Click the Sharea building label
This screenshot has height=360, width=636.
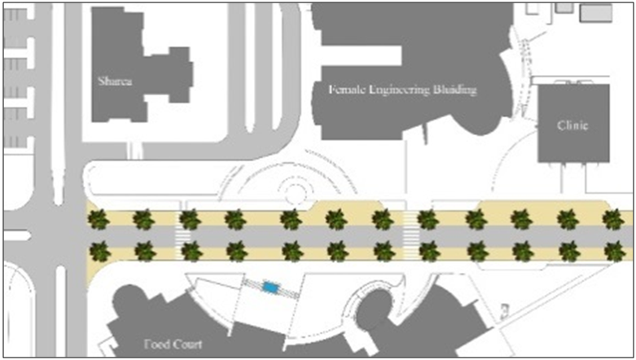(x=114, y=81)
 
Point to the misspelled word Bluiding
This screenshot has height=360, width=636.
(x=454, y=89)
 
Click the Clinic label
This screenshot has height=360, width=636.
(x=572, y=125)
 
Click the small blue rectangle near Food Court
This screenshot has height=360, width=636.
(x=271, y=287)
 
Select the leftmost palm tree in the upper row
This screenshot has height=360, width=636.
(x=99, y=218)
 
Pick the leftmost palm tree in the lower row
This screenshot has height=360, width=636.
(x=99, y=250)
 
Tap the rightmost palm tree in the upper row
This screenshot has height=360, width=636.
(x=612, y=218)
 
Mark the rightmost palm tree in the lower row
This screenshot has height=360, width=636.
(x=612, y=251)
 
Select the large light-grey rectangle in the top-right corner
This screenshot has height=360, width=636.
(x=595, y=11)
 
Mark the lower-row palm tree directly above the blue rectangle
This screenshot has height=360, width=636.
(x=289, y=250)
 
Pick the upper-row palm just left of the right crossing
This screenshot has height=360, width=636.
(x=382, y=218)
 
